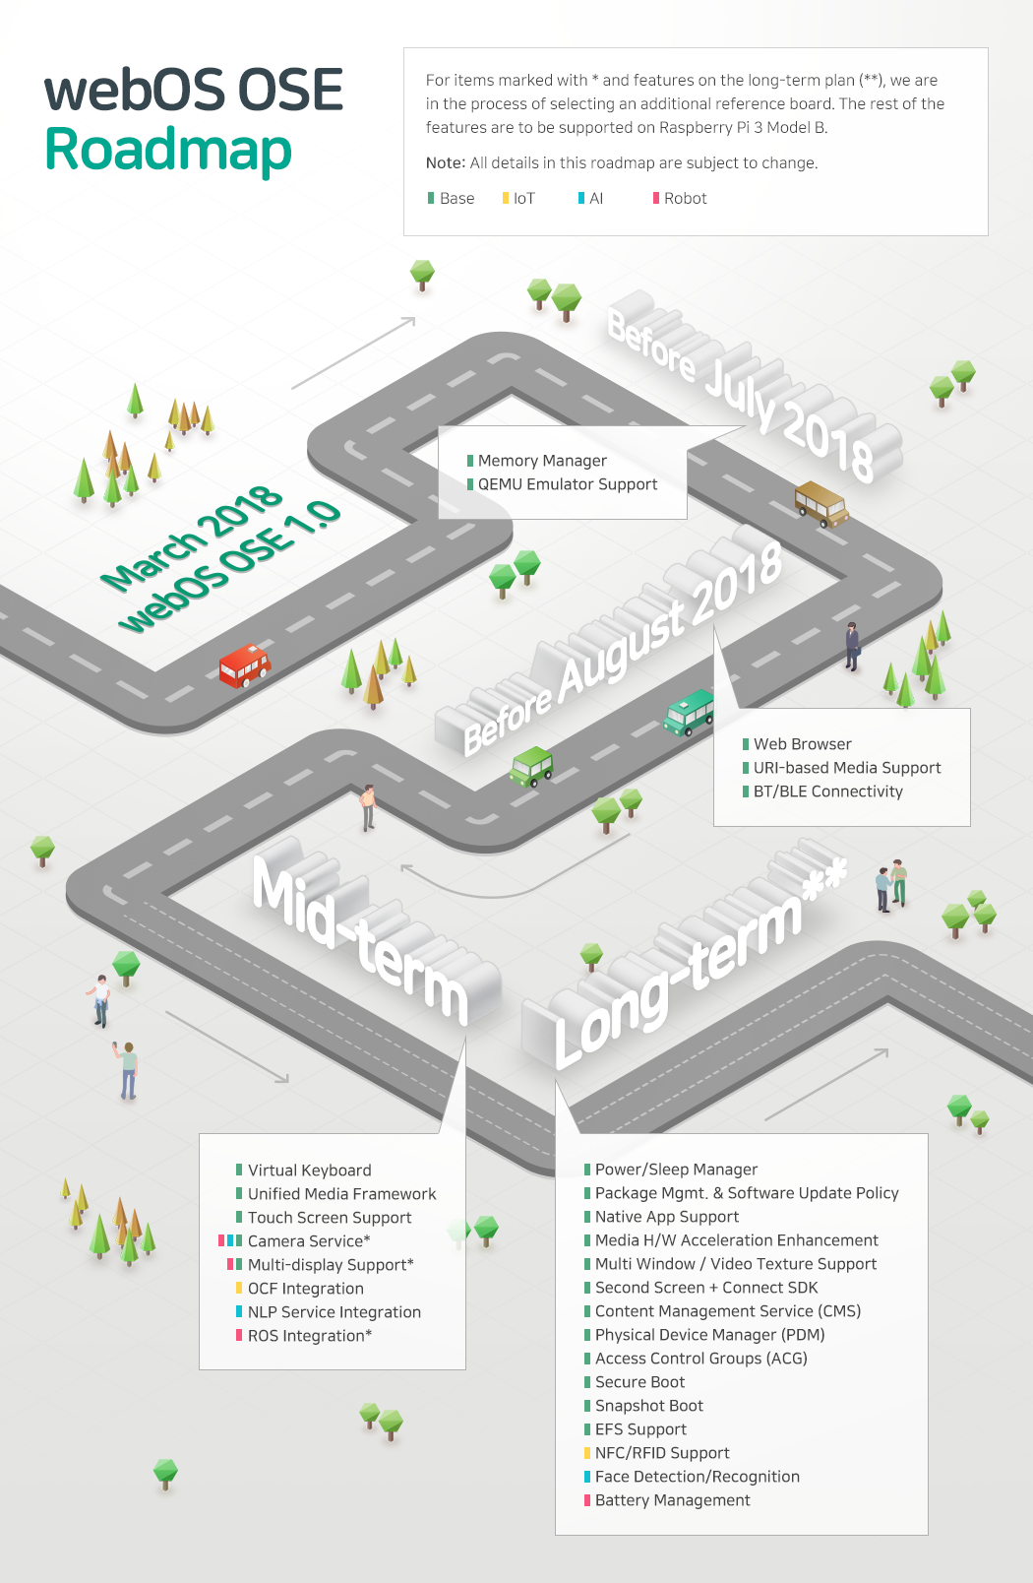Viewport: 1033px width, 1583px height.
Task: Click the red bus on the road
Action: click(x=244, y=665)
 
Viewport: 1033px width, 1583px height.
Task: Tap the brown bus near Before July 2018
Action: click(x=820, y=503)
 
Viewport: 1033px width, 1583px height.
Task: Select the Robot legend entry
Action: click(x=680, y=199)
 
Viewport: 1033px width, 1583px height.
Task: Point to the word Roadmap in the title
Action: click(x=168, y=150)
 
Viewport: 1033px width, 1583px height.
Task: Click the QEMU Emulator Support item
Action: click(x=567, y=484)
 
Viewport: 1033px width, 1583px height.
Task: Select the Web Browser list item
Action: click(x=802, y=744)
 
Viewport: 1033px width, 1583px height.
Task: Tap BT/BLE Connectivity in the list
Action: click(x=827, y=791)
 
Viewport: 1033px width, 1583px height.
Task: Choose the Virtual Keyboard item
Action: click(x=309, y=1171)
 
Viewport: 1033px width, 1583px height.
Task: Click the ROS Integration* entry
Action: click(x=309, y=1336)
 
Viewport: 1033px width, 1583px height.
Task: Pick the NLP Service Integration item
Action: click(x=334, y=1312)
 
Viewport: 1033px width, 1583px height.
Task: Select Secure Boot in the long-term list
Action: click(x=639, y=1382)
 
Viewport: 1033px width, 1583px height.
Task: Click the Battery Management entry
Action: click(x=672, y=1500)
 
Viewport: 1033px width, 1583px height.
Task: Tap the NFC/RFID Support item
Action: click(x=662, y=1453)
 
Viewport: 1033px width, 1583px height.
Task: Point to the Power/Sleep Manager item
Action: click(x=676, y=1170)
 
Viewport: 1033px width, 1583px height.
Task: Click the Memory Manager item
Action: click(x=542, y=461)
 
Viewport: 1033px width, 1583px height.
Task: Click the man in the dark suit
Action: click(x=852, y=646)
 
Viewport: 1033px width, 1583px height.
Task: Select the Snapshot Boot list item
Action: click(x=648, y=1406)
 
